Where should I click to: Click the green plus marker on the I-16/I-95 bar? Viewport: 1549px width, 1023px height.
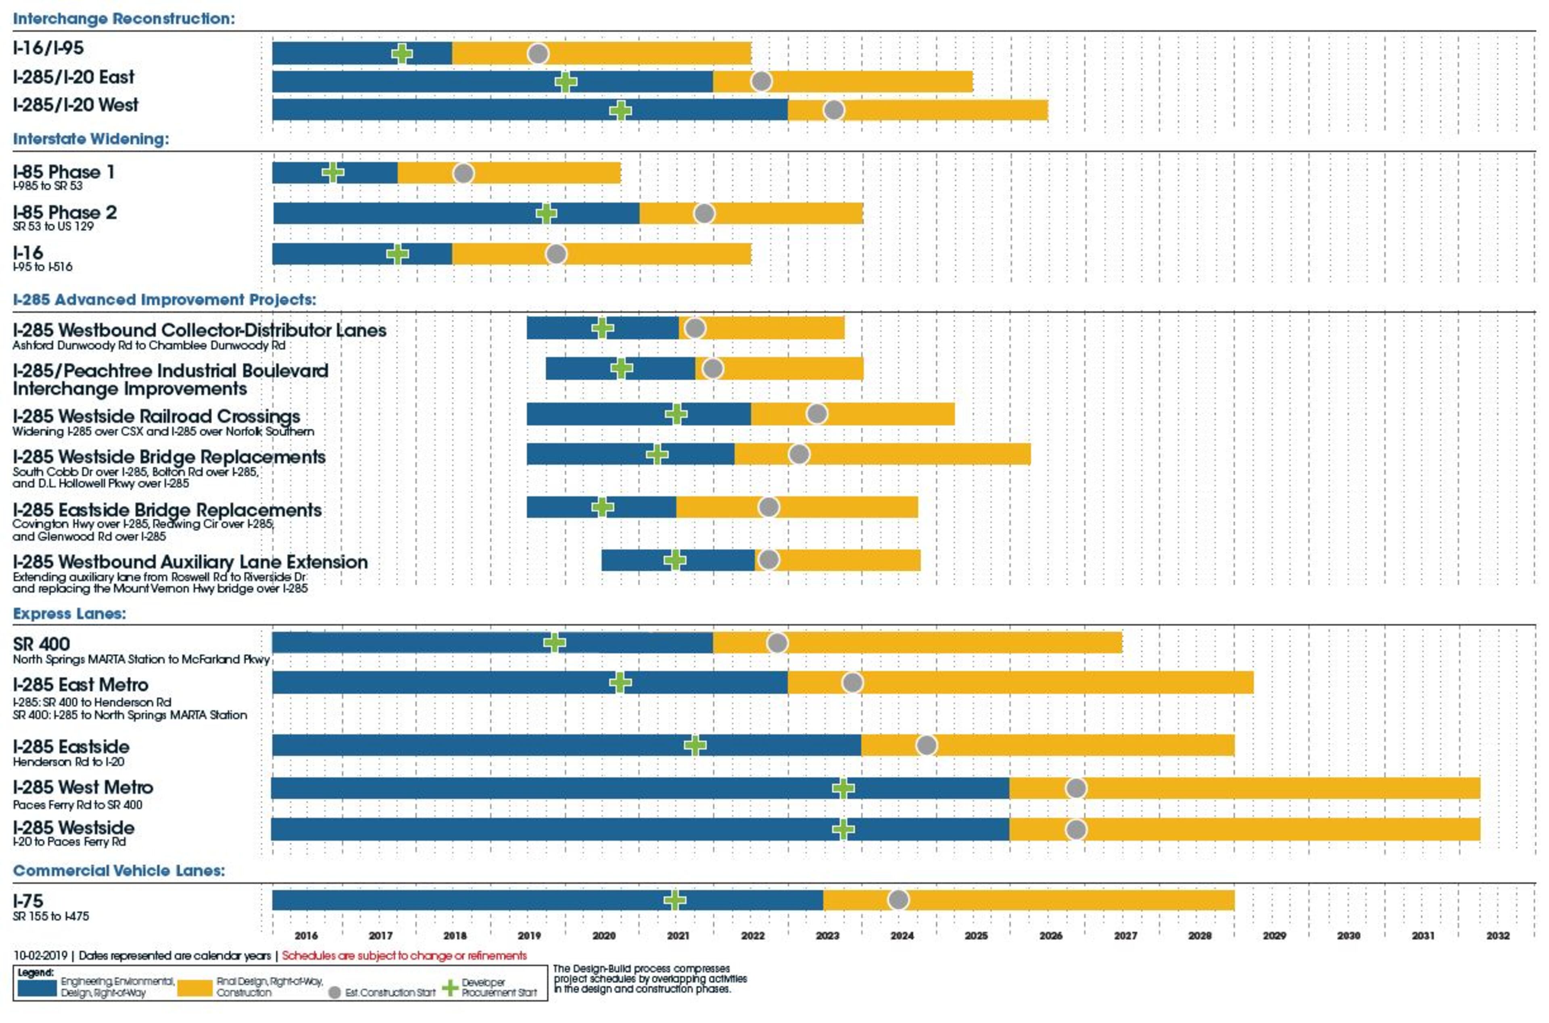click(x=402, y=54)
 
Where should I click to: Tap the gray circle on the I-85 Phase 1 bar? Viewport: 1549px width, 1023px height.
click(x=463, y=174)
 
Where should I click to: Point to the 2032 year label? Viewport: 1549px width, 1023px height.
click(x=1497, y=935)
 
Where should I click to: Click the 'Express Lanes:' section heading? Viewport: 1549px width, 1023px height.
click(x=69, y=614)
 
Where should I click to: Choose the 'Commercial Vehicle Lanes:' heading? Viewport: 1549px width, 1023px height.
click(x=119, y=871)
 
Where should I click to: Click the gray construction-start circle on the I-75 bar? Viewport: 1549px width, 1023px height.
click(x=898, y=900)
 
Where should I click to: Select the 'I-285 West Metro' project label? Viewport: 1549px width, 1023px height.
click(x=83, y=787)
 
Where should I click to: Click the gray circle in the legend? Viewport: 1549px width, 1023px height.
click(x=334, y=992)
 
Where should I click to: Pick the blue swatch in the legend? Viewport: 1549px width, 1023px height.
click(x=37, y=988)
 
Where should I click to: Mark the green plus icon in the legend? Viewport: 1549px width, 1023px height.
click(x=450, y=988)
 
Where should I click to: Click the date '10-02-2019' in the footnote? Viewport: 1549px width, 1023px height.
click(x=40, y=956)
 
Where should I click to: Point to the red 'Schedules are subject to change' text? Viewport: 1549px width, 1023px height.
click(x=404, y=956)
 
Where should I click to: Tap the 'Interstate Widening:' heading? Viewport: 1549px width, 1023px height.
click(x=91, y=139)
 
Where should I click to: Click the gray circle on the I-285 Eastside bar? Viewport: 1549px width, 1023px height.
click(x=926, y=745)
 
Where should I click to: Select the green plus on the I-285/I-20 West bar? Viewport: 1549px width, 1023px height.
click(x=620, y=110)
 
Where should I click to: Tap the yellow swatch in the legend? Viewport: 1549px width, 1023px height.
click(x=195, y=988)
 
